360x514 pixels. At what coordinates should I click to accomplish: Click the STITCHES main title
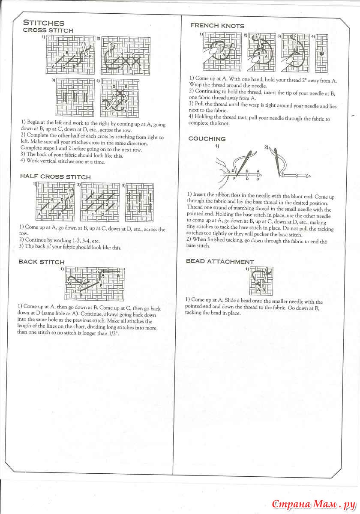click(43, 23)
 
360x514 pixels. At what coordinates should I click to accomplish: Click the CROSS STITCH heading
click(48, 30)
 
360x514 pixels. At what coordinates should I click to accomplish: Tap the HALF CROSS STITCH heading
click(55, 176)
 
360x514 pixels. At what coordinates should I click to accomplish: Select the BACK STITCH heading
click(42, 262)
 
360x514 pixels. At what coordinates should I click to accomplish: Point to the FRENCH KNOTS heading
click(217, 26)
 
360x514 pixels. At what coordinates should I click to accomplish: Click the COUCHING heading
click(207, 139)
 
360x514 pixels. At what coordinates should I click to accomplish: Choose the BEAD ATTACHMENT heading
click(219, 261)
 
